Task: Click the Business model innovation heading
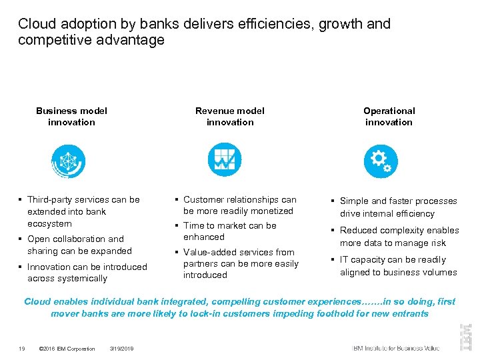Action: coord(71,117)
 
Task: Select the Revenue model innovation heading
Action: coord(229,117)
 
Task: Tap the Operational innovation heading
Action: coord(389,117)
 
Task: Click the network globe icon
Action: coord(69,161)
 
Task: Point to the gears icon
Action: coord(381,161)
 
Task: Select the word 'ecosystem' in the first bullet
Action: coord(49,224)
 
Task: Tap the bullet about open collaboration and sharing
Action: coord(79,245)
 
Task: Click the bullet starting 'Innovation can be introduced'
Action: coord(87,273)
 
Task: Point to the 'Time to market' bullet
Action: coord(229,231)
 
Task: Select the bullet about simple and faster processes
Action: coord(398,207)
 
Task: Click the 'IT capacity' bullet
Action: coord(398,266)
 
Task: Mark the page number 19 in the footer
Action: coord(22,349)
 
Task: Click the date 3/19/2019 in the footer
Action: coord(122,349)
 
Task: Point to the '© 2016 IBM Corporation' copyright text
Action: coord(67,349)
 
